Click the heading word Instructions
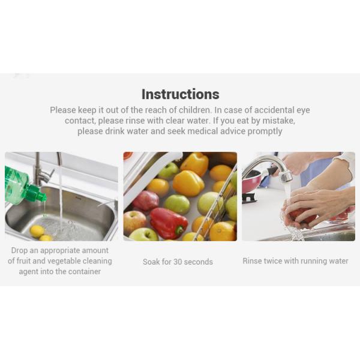[x=180, y=94]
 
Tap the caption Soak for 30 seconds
[x=178, y=262]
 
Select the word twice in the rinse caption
[x=278, y=261]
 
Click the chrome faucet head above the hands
[x=285, y=176]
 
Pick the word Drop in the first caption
[x=21, y=250]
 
